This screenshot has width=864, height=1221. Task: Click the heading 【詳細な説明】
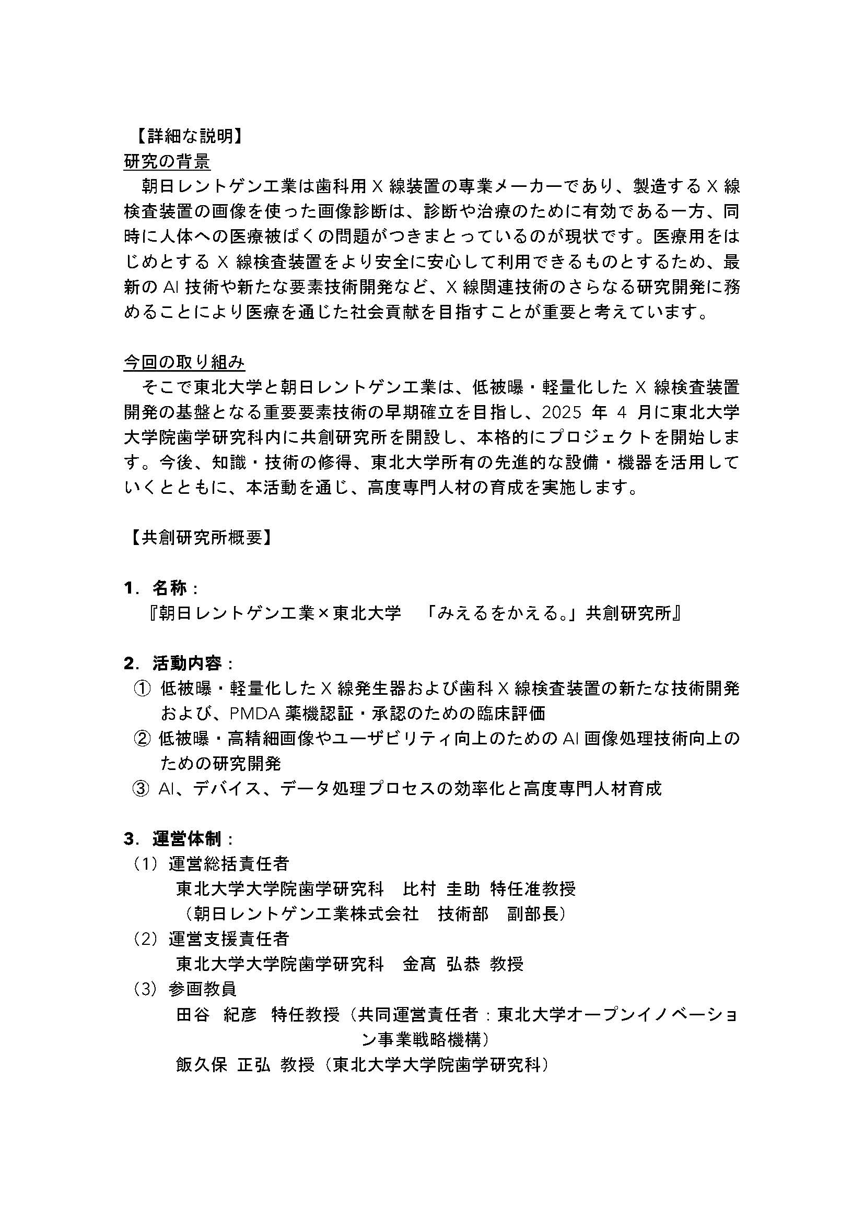(185, 137)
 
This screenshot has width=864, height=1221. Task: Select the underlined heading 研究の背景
(167, 162)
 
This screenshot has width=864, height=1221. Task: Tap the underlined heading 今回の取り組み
(184, 362)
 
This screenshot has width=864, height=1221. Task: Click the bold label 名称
(170, 588)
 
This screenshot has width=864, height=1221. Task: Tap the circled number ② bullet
(142, 739)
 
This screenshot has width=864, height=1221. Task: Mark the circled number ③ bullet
(141, 789)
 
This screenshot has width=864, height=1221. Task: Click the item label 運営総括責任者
(229, 864)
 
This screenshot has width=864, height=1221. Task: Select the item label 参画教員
(203, 990)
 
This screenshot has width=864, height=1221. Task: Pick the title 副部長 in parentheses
(532, 914)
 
